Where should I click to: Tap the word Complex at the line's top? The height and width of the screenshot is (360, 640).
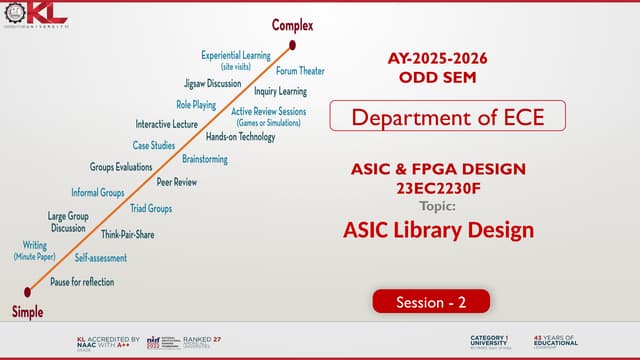[x=292, y=24]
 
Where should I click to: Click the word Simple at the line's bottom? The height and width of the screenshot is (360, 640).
[x=27, y=312]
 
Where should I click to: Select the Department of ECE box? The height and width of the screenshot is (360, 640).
[x=447, y=117]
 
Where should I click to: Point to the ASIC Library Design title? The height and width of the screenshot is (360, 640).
[x=438, y=230]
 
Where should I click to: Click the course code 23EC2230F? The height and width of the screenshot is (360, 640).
[x=439, y=188]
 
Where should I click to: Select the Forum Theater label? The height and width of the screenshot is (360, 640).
[x=300, y=71]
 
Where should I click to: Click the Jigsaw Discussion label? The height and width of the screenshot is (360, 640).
[x=212, y=83]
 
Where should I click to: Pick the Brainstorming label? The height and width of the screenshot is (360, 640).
[x=205, y=159]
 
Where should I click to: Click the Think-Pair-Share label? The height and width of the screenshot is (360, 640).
[x=128, y=234]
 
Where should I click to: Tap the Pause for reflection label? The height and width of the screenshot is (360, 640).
[x=82, y=282]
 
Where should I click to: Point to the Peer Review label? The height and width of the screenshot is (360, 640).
[x=177, y=183]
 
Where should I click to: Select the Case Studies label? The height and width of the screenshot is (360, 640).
[x=155, y=146]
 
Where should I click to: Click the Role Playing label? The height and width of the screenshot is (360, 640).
[x=197, y=104]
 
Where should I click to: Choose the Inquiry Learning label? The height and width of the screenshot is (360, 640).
[x=280, y=91]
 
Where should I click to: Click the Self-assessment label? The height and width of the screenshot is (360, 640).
[x=101, y=258]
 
